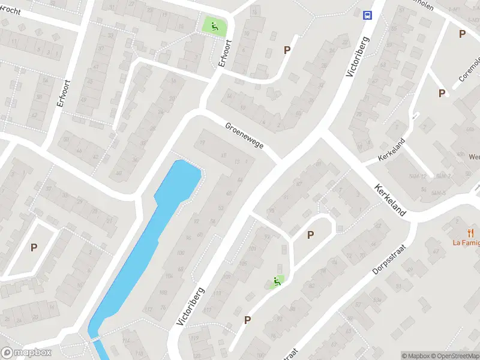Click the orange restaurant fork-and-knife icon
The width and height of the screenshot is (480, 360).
(471, 233)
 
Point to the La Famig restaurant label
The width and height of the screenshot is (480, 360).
(466, 243)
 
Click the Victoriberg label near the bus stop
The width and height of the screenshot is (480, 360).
(358, 55)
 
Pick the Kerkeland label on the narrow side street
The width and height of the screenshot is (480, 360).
(391, 150)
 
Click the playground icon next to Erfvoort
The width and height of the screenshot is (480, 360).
(213, 26)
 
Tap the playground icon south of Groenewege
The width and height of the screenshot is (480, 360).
(277, 280)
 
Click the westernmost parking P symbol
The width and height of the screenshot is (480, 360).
(34, 247)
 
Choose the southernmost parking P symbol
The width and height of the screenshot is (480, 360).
(247, 320)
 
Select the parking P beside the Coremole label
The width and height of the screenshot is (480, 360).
(442, 93)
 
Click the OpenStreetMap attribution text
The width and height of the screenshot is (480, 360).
(457, 356)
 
